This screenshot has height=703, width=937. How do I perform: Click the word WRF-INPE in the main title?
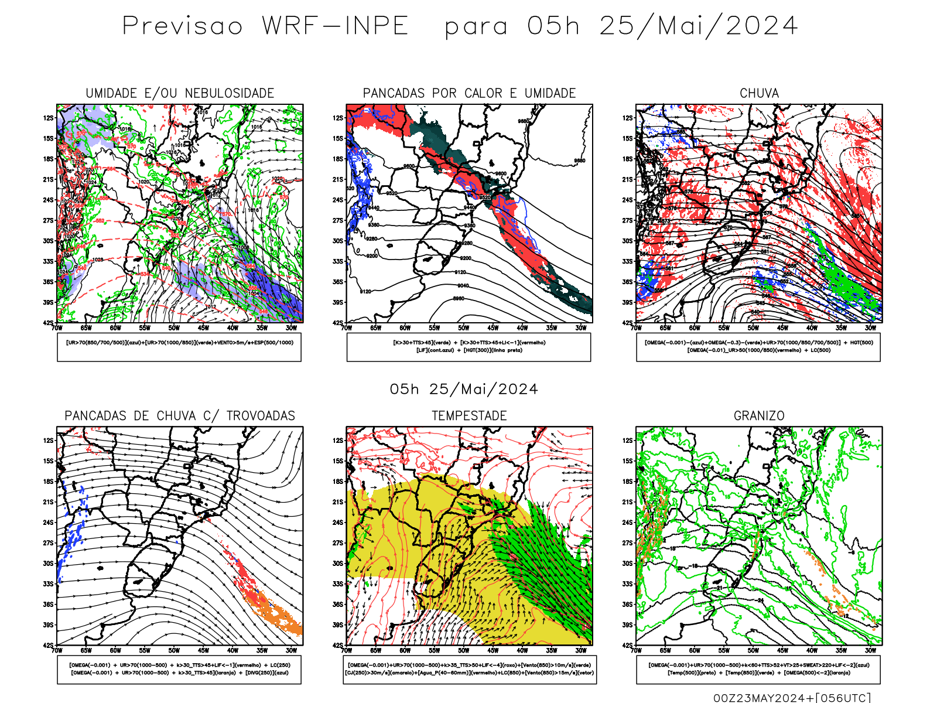pyautogui.click(x=334, y=26)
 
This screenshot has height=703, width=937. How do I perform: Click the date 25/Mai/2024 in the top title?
pyautogui.click(x=698, y=26)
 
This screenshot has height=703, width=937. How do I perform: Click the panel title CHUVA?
pyautogui.click(x=759, y=93)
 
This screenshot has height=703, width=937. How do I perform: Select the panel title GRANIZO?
pyautogui.click(x=759, y=415)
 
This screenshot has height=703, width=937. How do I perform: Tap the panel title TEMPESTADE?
pyautogui.click(x=469, y=415)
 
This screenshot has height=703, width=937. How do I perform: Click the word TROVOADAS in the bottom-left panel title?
pyautogui.click(x=261, y=415)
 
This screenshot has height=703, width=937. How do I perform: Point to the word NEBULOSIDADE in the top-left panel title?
pyautogui.click(x=230, y=93)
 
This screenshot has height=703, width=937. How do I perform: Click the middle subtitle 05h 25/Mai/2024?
pyautogui.click(x=464, y=389)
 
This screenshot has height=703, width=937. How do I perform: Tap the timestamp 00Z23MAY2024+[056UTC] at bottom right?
pyautogui.click(x=792, y=698)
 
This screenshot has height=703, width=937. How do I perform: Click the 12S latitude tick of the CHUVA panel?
pyautogui.click(x=628, y=118)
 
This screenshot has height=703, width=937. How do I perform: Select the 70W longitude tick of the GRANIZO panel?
pyautogui.click(x=637, y=650)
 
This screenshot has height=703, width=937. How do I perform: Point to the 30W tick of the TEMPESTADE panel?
pyautogui.click(x=581, y=650)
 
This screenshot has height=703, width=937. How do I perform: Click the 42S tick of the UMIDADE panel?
pyautogui.click(x=47, y=323)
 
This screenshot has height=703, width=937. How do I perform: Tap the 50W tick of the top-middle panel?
pyautogui.click(x=464, y=328)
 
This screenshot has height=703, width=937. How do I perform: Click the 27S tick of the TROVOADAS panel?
pyautogui.click(x=47, y=543)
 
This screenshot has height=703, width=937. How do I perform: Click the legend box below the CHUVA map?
pyautogui.click(x=758, y=347)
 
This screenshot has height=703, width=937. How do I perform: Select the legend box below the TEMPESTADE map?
pyautogui.click(x=469, y=669)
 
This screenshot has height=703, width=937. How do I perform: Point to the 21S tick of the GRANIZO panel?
pyautogui.click(x=628, y=502)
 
